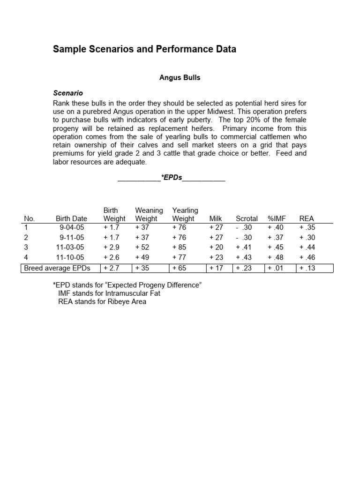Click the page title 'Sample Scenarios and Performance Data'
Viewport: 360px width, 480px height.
tap(144, 49)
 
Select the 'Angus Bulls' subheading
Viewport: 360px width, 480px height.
tap(180, 78)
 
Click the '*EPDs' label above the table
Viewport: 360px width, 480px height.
tap(171, 178)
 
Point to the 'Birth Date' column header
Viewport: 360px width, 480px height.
tap(71, 218)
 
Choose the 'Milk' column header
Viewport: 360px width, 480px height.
tap(215, 218)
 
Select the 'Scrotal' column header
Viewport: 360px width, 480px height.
tap(247, 218)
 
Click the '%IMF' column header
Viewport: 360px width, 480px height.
tap(277, 218)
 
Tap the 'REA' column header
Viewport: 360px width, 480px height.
tap(307, 218)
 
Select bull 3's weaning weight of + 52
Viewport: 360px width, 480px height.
tap(142, 247)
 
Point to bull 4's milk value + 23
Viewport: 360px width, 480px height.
tap(216, 257)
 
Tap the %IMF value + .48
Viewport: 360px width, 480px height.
tap(277, 257)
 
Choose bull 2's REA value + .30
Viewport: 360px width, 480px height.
tap(308, 237)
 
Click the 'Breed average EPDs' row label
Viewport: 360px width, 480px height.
tap(56, 268)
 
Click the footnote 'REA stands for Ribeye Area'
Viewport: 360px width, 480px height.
tap(102, 301)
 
